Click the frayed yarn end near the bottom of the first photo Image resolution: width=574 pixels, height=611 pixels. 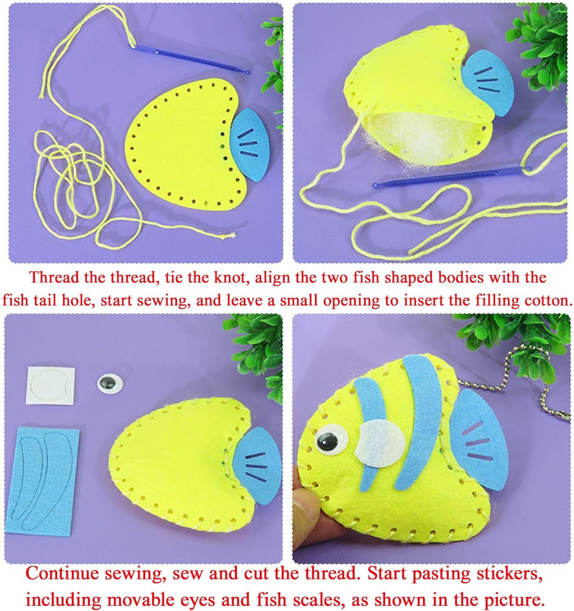tap(231, 235)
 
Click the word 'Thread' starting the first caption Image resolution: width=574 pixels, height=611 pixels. tap(55, 278)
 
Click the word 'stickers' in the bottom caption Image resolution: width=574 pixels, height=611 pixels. tap(504, 573)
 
